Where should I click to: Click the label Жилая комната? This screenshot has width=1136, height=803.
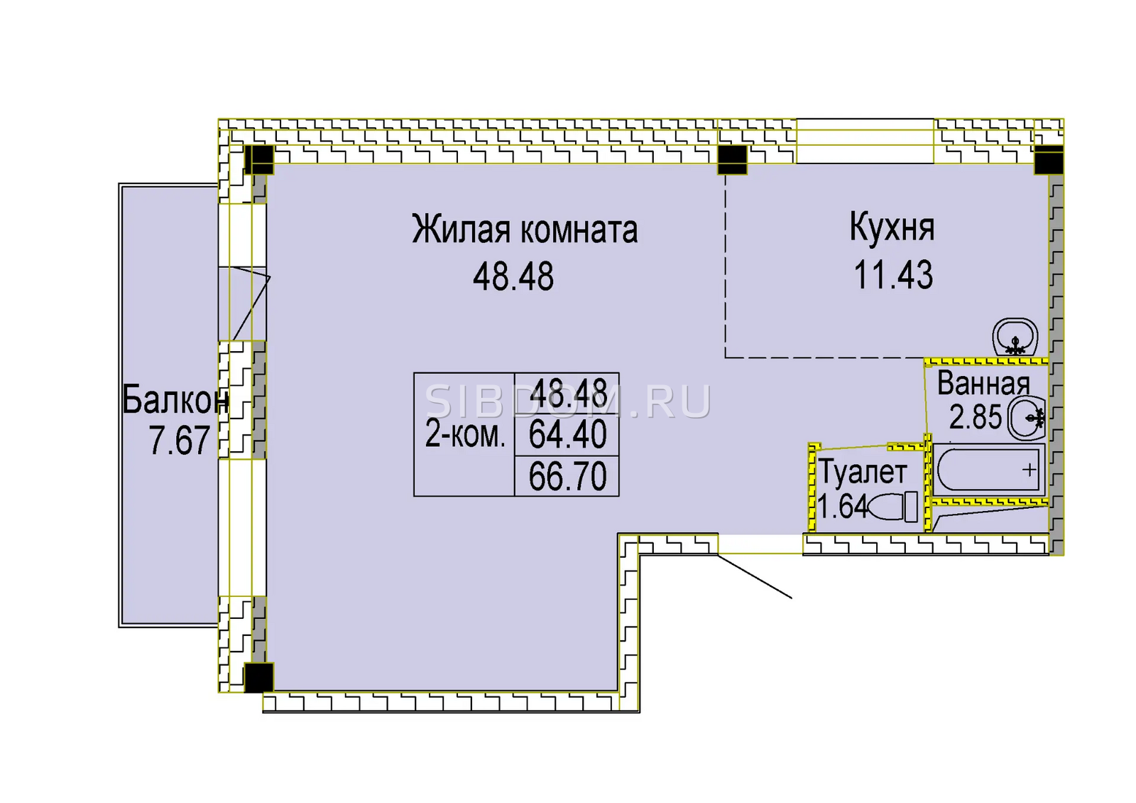tap(525, 230)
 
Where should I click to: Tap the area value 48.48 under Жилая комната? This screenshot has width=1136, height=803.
tap(513, 276)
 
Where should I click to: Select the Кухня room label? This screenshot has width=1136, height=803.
tap(892, 228)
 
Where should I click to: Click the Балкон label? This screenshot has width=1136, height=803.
tap(175, 400)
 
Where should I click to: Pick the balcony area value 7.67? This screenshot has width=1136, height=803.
tap(179, 440)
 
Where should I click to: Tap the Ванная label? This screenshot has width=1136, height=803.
tap(983, 384)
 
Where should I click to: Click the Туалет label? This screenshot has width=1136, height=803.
tap(863, 473)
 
